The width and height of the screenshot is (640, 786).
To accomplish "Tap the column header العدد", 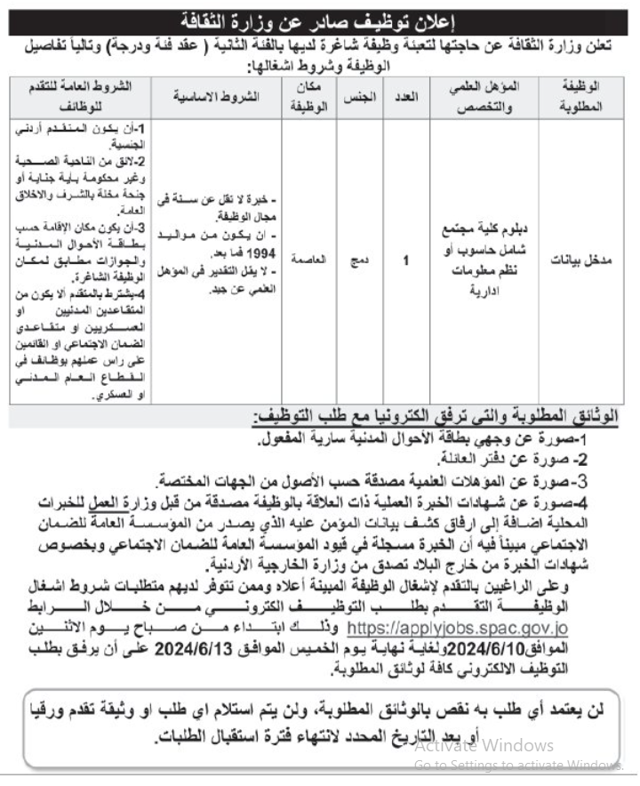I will tap(406, 95).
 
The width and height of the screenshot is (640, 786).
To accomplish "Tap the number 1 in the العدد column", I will tap(406, 261).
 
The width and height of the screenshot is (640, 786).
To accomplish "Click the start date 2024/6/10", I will tap(529, 648).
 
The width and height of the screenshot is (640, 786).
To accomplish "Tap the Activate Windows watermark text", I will tap(484, 745).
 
